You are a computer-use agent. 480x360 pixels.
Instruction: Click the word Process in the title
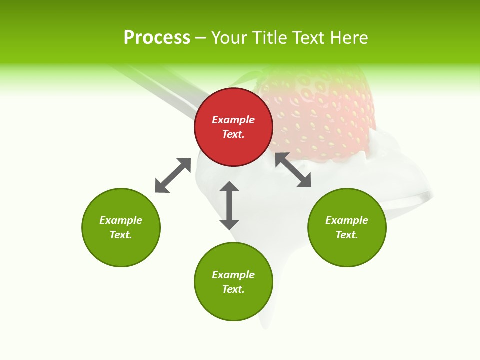point(157,38)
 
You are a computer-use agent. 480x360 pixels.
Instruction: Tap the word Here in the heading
point(348,38)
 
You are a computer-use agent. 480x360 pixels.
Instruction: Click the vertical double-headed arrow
point(229,205)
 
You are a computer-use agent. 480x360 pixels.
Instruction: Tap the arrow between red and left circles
point(173,175)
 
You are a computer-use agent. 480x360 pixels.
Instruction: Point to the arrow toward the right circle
point(293,170)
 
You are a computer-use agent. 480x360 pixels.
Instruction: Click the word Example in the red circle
point(233,120)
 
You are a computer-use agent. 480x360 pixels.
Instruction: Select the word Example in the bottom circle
point(233,275)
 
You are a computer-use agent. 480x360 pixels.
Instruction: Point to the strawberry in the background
point(325,115)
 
